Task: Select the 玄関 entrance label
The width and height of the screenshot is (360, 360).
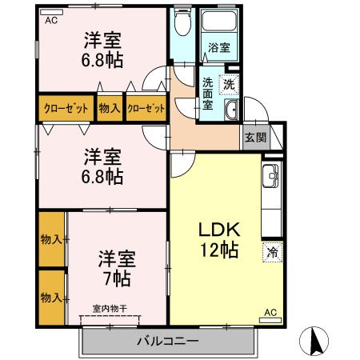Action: pyautogui.click(x=254, y=137)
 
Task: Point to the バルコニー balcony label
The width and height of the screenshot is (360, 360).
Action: pyautogui.click(x=167, y=342)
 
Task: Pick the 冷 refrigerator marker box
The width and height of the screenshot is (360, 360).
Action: pyautogui.click(x=272, y=250)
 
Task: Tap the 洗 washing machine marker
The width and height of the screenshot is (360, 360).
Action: pyautogui.click(x=230, y=83)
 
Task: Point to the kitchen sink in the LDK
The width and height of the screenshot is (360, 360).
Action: pyautogui.click(x=270, y=172)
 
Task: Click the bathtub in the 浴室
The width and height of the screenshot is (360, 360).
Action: pyautogui.click(x=218, y=24)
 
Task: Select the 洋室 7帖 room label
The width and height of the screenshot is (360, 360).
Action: pyautogui.click(x=117, y=269)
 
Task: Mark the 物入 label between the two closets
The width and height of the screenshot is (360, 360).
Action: pyautogui.click(x=110, y=108)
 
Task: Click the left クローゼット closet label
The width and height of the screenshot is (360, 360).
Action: pyautogui.click(x=66, y=108)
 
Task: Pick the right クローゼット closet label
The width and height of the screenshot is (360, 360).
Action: pyautogui.click(x=146, y=108)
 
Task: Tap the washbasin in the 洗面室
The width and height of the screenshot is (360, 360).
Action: pyautogui.click(x=230, y=111)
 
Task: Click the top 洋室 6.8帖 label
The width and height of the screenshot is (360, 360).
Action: pyautogui.click(x=104, y=49)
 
